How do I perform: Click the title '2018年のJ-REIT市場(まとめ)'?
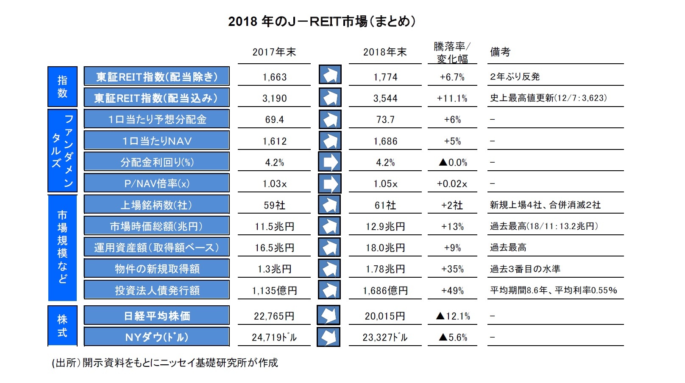tap(322, 21)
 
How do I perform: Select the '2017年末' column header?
tap(274, 52)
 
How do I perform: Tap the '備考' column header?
tap(500, 52)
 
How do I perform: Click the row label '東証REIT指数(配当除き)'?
tap(156, 77)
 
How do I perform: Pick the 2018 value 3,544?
tap(385, 99)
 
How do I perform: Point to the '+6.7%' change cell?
tap(452, 77)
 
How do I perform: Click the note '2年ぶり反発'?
tap(515, 77)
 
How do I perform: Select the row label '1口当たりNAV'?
tap(156, 141)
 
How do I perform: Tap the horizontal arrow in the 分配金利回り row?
tap(329, 162)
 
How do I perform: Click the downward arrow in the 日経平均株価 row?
tap(329, 315)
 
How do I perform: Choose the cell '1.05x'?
tap(385, 184)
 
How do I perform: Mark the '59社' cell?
tap(274, 206)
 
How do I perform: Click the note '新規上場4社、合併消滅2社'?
tap(545, 205)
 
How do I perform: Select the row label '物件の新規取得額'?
tap(156, 269)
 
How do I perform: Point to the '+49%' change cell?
tap(452, 291)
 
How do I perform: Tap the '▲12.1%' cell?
tap(452, 316)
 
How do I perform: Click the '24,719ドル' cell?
tap(274, 338)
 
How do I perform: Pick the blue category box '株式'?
tap(62, 326)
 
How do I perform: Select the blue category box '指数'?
tap(62, 87)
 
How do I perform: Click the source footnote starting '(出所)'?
tap(164, 363)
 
